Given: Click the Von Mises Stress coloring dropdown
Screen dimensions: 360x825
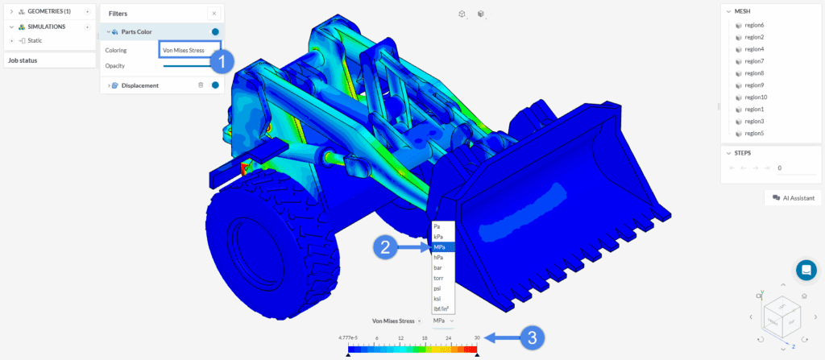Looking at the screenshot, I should (x=184, y=50).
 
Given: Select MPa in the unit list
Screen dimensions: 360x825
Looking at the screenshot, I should (x=442, y=247).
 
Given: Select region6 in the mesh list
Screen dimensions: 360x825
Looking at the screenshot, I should (x=754, y=25).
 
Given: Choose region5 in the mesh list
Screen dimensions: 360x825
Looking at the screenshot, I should (x=754, y=133).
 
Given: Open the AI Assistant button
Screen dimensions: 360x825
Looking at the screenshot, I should (x=793, y=197).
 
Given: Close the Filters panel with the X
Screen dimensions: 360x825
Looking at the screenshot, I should (x=213, y=14).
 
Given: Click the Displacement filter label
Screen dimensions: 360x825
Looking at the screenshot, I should (x=139, y=85).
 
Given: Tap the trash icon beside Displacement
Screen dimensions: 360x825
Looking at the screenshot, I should (x=201, y=85).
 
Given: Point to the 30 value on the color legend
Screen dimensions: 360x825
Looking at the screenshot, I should (x=477, y=339).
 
